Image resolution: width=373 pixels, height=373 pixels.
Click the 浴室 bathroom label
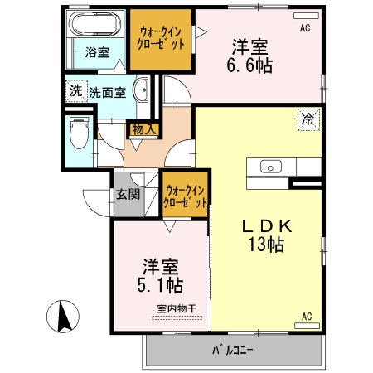97,52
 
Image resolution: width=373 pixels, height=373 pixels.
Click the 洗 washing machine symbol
76,91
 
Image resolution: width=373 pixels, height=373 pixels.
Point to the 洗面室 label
106,92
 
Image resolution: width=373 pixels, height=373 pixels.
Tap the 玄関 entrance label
127,195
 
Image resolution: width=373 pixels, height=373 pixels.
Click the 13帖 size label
265,245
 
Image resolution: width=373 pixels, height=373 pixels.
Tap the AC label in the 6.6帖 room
305,27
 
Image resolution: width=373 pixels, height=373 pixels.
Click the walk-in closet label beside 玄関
185,196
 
